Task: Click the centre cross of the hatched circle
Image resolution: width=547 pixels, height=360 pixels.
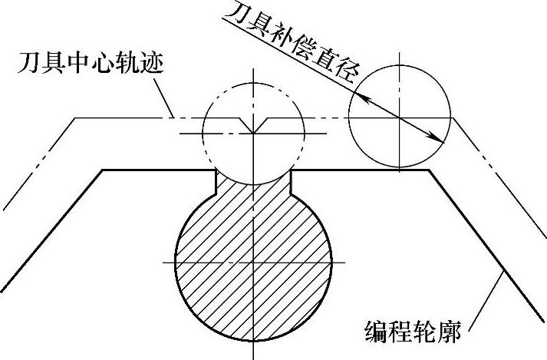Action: coord(252,265)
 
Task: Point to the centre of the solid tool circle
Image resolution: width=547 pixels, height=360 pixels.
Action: coord(400,117)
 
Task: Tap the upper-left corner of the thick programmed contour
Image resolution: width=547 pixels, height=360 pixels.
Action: coord(103,170)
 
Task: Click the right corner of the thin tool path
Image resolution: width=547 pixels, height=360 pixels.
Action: coord(454,118)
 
